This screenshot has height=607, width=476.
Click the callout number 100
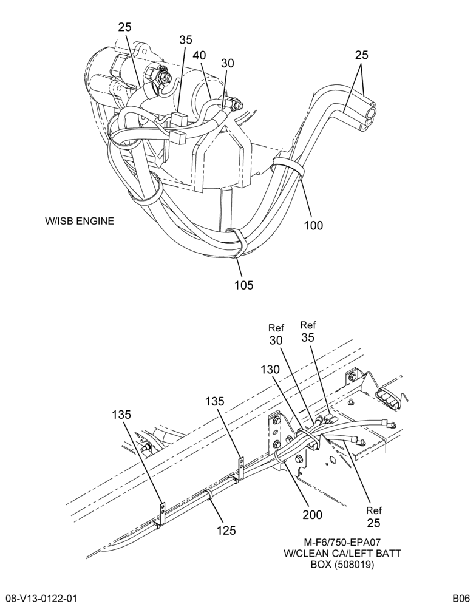click(x=313, y=225)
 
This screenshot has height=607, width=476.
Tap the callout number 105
click(x=243, y=285)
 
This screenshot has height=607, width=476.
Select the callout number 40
click(x=200, y=55)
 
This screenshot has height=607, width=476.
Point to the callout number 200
click(x=313, y=515)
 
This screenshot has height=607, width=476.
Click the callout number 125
click(x=226, y=530)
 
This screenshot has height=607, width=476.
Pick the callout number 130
click(x=270, y=370)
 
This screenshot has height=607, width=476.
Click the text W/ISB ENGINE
click(x=80, y=221)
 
